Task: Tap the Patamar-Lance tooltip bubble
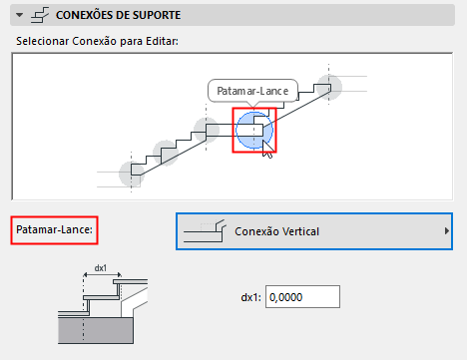click(x=253, y=91)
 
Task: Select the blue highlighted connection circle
click(x=252, y=130)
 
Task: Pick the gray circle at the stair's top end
click(x=330, y=86)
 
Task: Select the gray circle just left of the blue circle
click(x=207, y=130)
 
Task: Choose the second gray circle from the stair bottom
click(x=166, y=153)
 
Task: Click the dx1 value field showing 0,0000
click(x=304, y=296)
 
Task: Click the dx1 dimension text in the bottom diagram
click(x=100, y=267)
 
